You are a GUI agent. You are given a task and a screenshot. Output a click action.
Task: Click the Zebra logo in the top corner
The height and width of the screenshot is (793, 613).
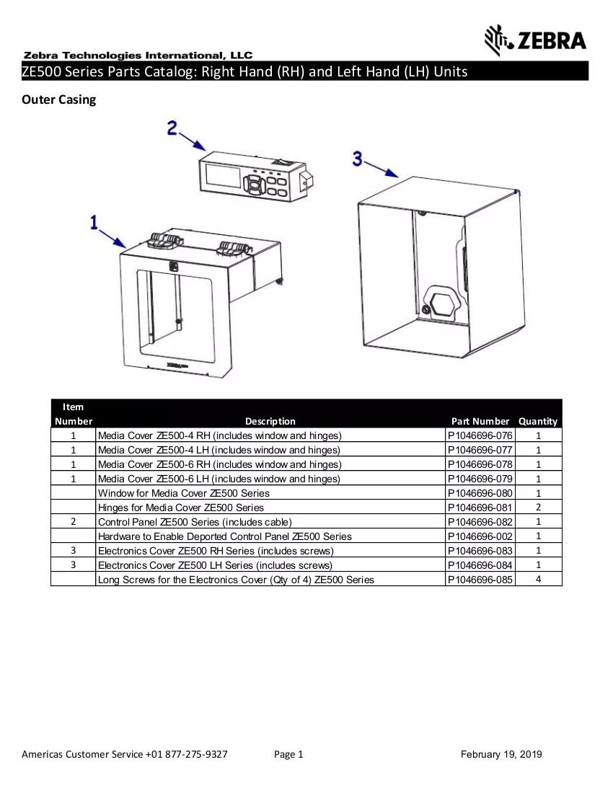[536, 40]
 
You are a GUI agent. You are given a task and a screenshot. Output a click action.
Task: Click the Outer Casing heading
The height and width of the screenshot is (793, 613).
[58, 99]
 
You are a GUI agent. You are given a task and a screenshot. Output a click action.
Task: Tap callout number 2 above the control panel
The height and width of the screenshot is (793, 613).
[172, 128]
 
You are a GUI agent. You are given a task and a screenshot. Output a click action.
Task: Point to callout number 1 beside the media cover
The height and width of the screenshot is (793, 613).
[94, 223]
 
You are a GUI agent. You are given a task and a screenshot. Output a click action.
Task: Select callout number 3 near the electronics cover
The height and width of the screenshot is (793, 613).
[358, 159]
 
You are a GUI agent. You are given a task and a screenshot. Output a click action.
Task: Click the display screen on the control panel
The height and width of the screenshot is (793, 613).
[223, 175]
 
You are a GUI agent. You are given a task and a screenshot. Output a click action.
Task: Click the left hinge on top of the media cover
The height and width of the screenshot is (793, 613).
[164, 241]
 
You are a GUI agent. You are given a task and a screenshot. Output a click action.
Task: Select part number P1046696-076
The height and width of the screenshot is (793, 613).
[480, 435]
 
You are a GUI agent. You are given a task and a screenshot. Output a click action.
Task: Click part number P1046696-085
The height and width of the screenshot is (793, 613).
[480, 580]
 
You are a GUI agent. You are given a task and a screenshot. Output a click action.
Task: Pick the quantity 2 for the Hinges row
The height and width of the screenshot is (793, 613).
[538, 508]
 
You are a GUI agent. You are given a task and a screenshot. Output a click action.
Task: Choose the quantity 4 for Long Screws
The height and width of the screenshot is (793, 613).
[538, 579]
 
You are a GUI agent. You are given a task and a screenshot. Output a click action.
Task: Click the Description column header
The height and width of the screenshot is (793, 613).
[270, 421]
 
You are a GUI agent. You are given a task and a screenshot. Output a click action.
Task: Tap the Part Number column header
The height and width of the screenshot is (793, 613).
[480, 421]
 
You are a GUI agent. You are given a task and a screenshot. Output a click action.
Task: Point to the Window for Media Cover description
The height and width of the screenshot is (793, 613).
[184, 493]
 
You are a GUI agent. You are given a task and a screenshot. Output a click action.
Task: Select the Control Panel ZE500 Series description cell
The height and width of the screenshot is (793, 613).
[195, 522]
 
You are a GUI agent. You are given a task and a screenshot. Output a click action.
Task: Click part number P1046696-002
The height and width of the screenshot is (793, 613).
[480, 536]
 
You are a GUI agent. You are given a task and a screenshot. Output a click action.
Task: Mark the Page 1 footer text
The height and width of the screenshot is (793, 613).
[288, 755]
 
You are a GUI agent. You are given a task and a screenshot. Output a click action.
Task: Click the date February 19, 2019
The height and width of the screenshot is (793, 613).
[501, 755]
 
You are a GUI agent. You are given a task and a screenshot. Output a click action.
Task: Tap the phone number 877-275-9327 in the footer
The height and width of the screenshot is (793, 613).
[196, 754]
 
